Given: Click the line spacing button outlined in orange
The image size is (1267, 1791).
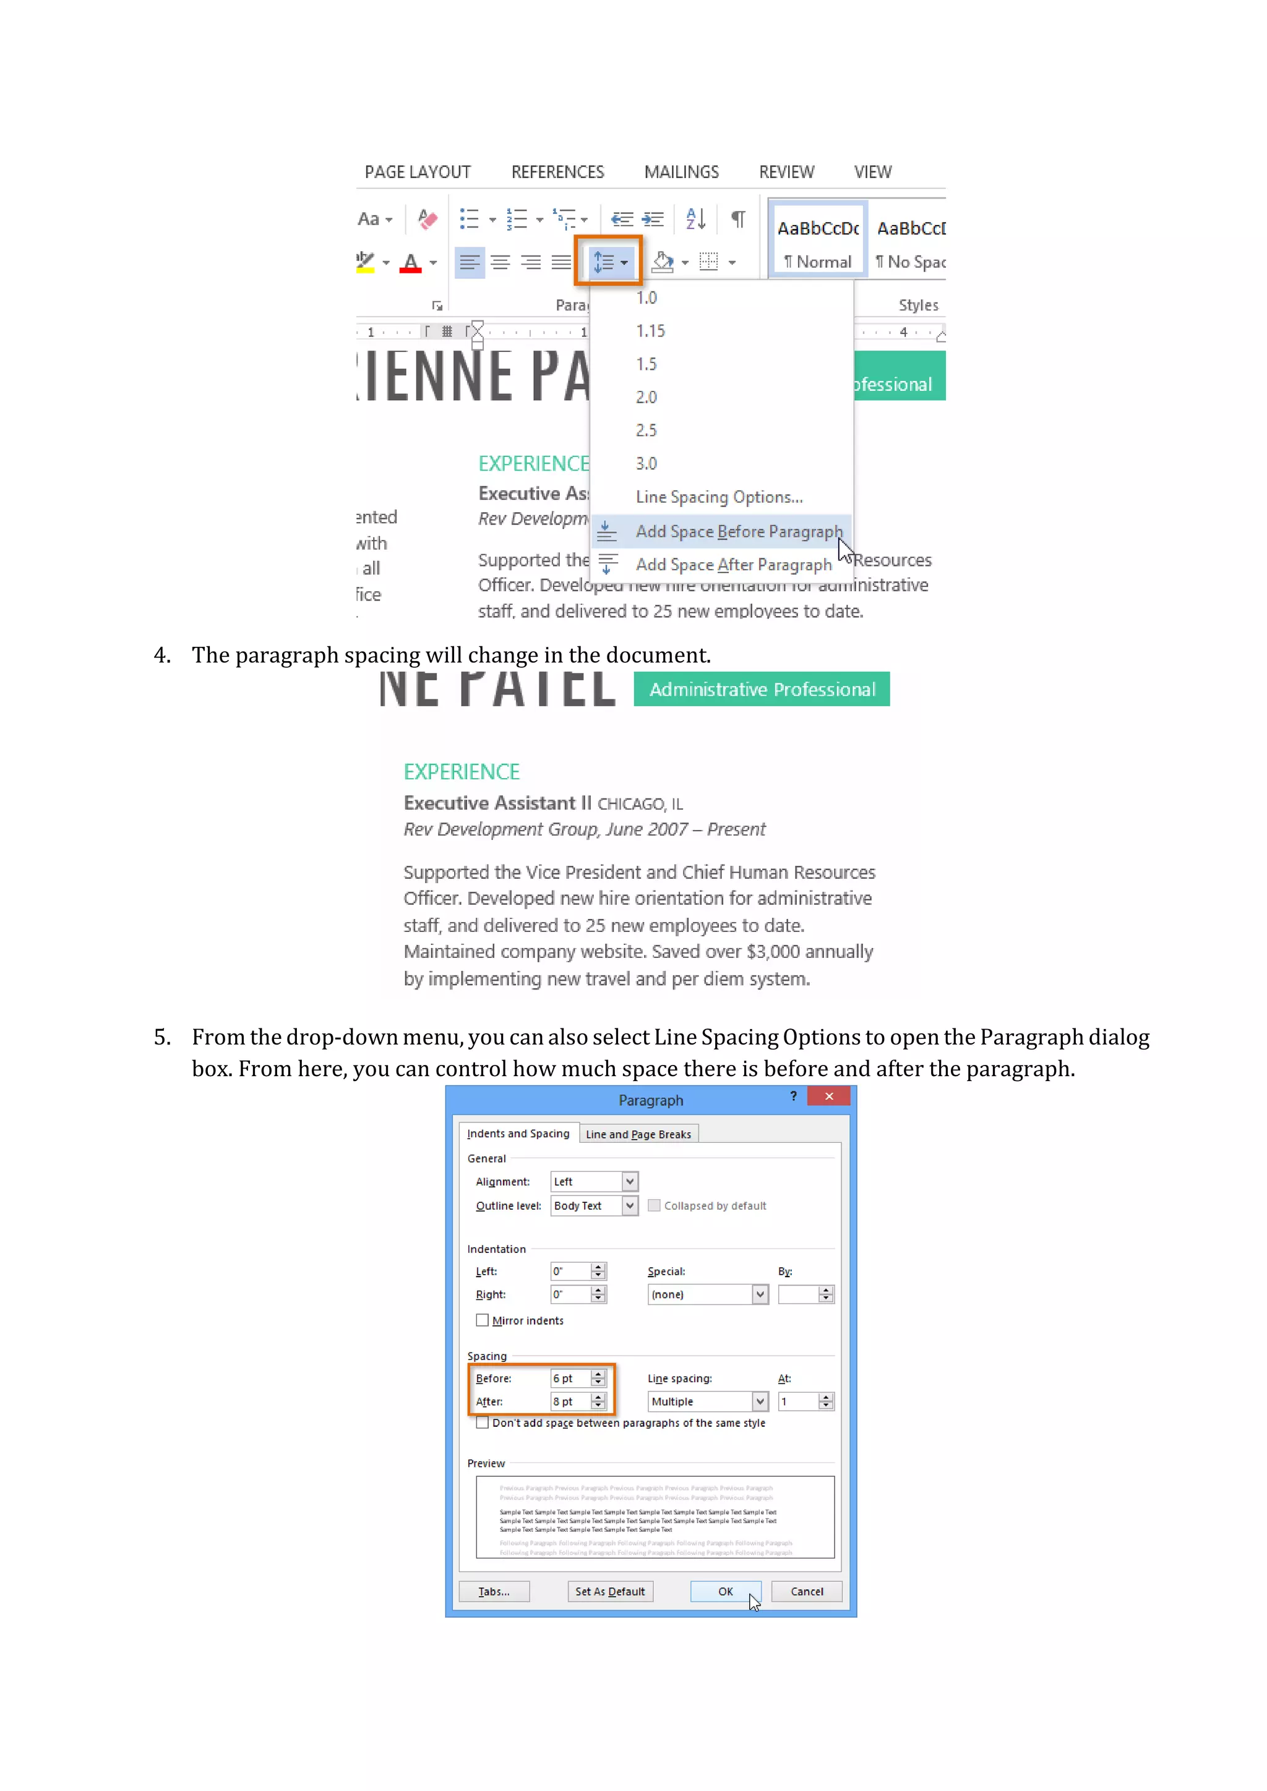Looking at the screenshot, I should (609, 262).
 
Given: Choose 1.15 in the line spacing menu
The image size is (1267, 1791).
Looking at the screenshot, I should (650, 331).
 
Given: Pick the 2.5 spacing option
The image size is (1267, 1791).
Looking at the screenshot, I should (646, 430).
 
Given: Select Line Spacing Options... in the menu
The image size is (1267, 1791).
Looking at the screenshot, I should (718, 497).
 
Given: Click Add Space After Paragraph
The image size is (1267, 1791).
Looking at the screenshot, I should (732, 564).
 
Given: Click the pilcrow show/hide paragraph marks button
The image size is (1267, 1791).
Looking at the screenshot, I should (737, 219).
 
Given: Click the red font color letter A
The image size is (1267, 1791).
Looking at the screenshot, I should (410, 262).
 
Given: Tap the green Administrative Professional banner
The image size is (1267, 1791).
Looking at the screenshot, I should (762, 690).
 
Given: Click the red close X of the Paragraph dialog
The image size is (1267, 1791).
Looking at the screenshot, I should (828, 1096).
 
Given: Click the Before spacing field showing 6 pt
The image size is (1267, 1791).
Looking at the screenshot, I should (570, 1379).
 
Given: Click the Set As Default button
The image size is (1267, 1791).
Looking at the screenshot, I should (610, 1591).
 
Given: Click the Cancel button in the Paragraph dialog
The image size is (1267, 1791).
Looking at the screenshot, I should (807, 1591).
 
